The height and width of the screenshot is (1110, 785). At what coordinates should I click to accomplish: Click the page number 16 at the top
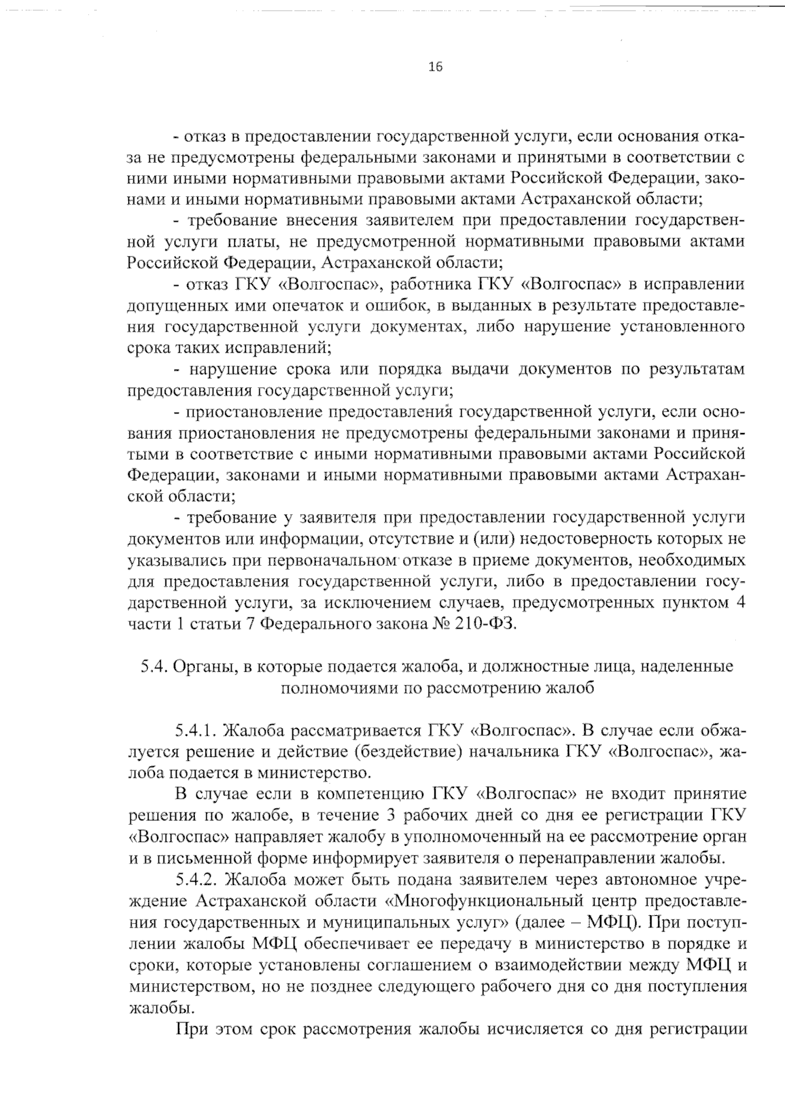(x=435, y=66)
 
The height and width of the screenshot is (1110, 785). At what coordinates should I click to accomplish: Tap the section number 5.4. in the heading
(x=155, y=667)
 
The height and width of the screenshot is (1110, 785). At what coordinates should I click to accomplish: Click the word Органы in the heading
(x=205, y=667)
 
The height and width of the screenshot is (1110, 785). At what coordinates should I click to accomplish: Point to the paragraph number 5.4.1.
(x=199, y=730)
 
